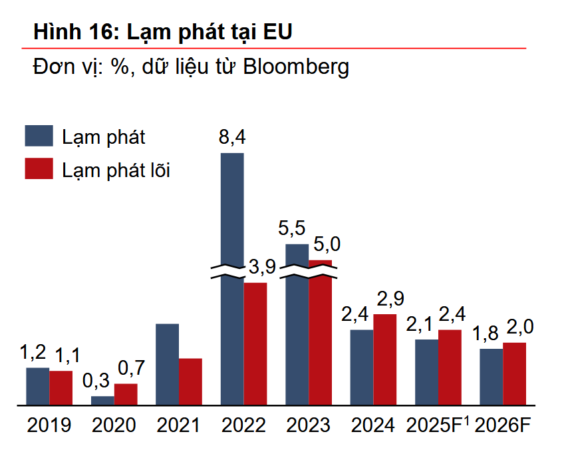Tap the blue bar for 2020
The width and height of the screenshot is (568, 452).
[x=102, y=400]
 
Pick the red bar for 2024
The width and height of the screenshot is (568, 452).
[x=384, y=359]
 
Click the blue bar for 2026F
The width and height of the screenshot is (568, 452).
[x=491, y=377]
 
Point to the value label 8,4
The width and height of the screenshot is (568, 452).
[x=232, y=138]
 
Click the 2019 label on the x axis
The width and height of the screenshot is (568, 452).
[x=49, y=425]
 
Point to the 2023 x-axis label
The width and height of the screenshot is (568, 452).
[x=308, y=425]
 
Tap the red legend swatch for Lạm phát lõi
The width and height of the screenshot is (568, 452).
[x=39, y=168]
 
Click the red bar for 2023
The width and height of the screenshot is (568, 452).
[x=320, y=333]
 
